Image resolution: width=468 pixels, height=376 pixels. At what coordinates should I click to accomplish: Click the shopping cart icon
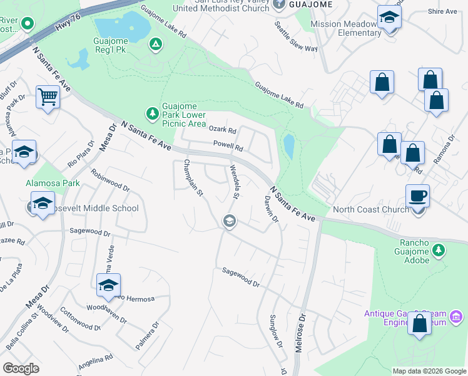pyautogui.click(x=48, y=98)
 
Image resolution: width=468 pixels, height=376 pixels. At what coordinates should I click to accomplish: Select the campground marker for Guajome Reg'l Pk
pyautogui.click(x=155, y=44)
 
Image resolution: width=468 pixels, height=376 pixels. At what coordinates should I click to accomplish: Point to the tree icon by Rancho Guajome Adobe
pyautogui.click(x=439, y=251)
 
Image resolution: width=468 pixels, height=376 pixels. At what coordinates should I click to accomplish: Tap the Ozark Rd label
pyautogui.click(x=222, y=130)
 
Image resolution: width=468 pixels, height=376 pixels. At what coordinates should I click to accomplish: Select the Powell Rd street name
pyautogui.click(x=227, y=146)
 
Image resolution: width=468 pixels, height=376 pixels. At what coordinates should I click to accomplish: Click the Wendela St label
pyautogui.click(x=235, y=181)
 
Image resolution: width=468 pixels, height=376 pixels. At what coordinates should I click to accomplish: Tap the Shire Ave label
pyautogui.click(x=443, y=11)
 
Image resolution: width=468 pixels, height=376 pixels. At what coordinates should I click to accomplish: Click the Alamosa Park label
pyautogui.click(x=53, y=184)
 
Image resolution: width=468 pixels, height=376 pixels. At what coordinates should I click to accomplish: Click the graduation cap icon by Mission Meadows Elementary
pyautogui.click(x=389, y=18)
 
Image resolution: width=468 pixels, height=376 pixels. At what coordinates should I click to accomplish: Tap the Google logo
pyautogui.click(x=21, y=368)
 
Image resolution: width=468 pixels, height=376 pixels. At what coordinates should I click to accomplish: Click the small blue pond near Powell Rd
pyautogui.click(x=289, y=147)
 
